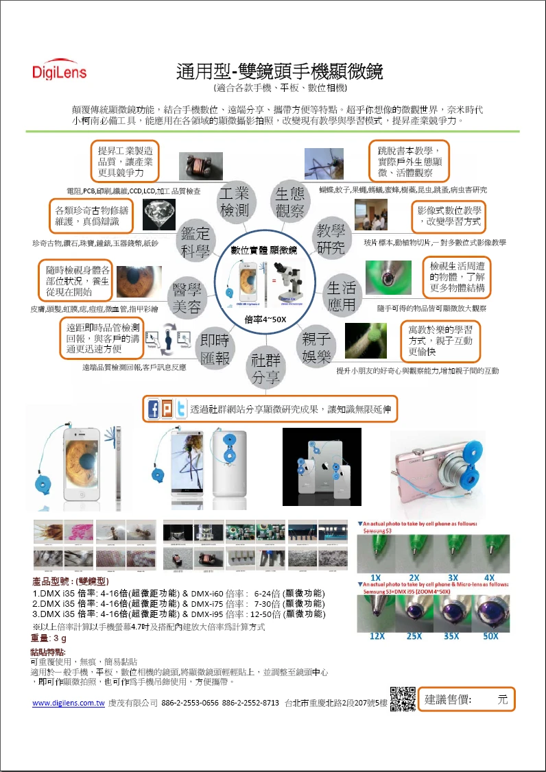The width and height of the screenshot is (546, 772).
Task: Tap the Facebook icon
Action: pos(154,410)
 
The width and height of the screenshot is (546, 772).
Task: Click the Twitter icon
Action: pos(180,410)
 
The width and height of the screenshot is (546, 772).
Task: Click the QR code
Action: pos(403,699)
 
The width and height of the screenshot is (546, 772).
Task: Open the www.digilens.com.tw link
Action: pos(68,703)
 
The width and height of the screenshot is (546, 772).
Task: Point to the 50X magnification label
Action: pos(490,636)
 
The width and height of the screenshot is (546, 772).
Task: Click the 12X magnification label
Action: pos(377,636)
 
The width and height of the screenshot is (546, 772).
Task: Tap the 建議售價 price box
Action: pos(466,699)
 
